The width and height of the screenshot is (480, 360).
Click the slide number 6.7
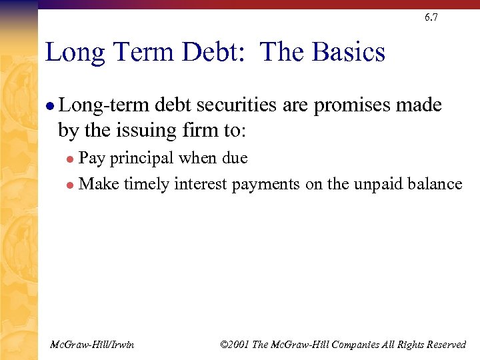pyautogui.click(x=431, y=18)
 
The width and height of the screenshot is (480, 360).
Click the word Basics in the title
pyautogui.click(x=349, y=52)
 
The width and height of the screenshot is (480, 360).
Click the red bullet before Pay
pyautogui.click(x=71, y=159)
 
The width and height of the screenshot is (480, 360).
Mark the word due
pyautogui.click(x=233, y=159)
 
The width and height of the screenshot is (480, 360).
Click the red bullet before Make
pyautogui.click(x=71, y=185)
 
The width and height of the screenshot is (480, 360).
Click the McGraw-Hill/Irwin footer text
pyautogui.click(x=92, y=345)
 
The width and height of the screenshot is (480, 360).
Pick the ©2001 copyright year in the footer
pyautogui.click(x=233, y=345)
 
